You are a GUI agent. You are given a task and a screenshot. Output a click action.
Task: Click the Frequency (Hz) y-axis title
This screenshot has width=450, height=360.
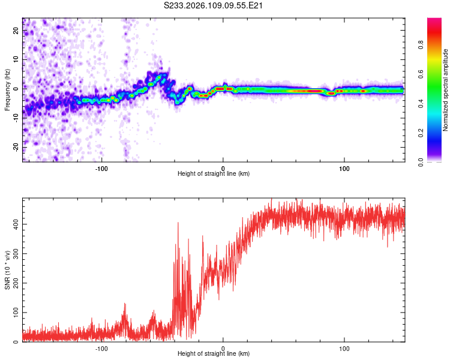8,90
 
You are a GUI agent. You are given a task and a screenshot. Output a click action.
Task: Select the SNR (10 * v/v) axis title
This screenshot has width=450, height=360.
8,270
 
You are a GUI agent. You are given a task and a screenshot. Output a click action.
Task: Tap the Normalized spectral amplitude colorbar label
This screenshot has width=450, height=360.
446,90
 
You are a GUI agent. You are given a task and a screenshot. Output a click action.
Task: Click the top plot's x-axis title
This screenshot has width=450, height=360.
214,174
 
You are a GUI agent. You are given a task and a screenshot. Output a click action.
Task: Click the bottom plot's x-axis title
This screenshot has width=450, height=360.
214,354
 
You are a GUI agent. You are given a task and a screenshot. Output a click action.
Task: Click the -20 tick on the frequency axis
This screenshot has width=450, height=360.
16,146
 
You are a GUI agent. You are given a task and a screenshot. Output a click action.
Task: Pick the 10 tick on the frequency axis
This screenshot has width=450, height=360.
16,60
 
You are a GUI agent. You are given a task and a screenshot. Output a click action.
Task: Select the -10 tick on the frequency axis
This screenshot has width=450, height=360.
16,118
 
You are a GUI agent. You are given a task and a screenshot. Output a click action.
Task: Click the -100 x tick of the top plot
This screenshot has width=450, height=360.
101,168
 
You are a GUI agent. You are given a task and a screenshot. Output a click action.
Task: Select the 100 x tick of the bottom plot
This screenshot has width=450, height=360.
344,348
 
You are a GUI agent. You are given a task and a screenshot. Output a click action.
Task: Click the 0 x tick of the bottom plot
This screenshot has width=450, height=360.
223,348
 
